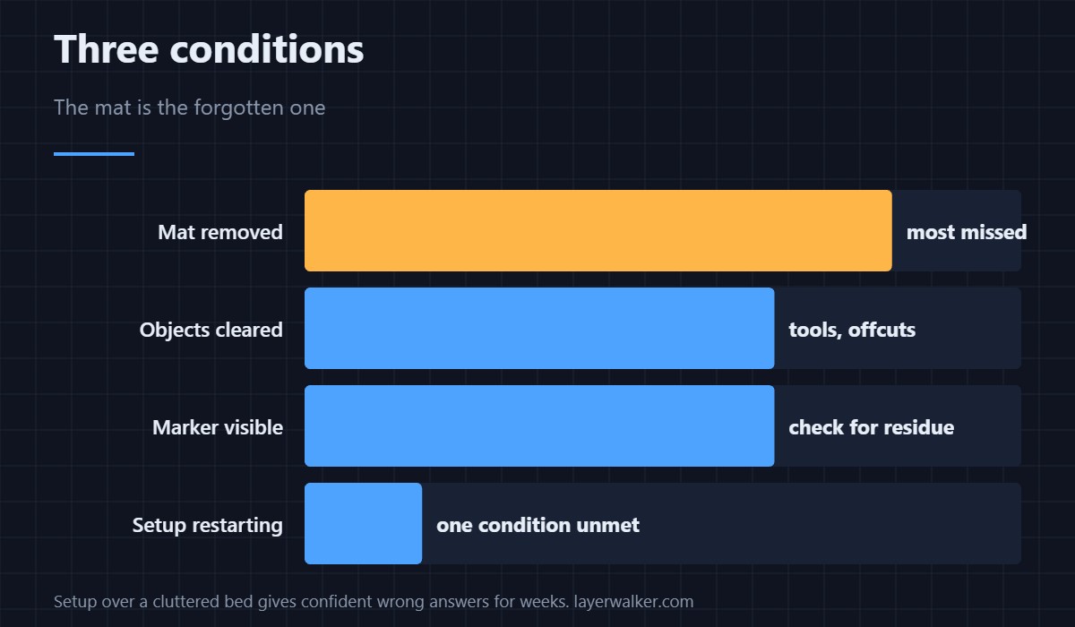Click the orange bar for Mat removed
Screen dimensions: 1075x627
coord(598,231)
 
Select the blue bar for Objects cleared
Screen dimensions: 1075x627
coord(539,328)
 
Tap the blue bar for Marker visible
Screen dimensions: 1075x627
coord(539,426)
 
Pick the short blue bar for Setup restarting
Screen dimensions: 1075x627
coord(364,523)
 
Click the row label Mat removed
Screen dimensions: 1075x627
coord(220,232)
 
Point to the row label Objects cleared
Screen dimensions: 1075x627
coord(211,330)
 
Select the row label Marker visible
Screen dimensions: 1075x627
coord(218,427)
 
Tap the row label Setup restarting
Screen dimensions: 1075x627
coord(207,525)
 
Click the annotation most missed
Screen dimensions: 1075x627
coord(967,232)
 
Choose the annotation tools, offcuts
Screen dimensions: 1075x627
coord(852,330)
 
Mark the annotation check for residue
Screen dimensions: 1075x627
coord(871,427)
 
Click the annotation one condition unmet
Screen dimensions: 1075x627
coord(537,525)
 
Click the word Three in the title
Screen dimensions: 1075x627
coord(106,49)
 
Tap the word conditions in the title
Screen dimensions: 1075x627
coord(267,49)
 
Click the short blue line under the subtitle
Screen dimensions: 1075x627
coord(94,154)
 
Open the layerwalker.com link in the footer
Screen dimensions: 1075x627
coord(633,602)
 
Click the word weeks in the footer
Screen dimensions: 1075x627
coord(545,602)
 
